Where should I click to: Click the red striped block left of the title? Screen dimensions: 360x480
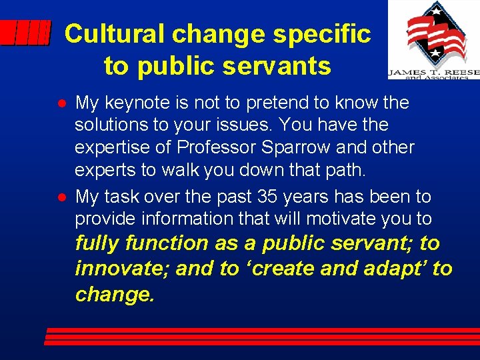coord(25,32)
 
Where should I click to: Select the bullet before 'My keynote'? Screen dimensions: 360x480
coord(61,103)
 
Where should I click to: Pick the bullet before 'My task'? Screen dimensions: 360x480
coord(61,197)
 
